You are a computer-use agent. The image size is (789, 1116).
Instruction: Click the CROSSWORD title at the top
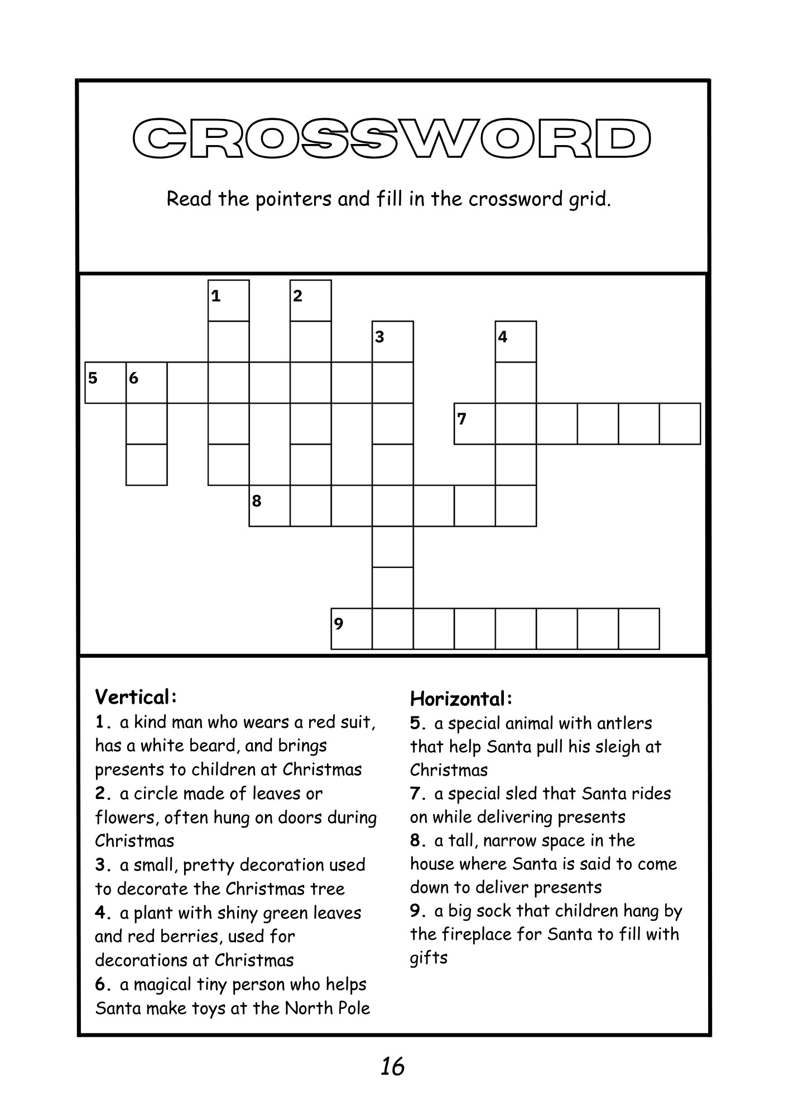pos(392,139)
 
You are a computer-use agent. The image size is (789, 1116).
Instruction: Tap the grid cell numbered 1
pos(228,301)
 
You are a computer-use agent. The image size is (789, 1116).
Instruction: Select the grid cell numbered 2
pos(310,301)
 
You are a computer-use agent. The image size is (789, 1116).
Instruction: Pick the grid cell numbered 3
pos(393,341)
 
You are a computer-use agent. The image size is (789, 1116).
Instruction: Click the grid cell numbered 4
pos(516,341)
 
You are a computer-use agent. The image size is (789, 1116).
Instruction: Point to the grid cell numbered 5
pos(105,383)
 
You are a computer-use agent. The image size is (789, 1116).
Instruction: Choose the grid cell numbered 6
pos(146,383)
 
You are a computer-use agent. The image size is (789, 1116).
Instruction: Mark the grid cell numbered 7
pos(474,424)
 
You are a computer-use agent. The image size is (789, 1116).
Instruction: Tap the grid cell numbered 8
pos(269,506)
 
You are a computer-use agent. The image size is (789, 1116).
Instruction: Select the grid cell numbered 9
pos(352,629)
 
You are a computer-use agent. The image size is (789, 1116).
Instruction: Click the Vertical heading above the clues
pos(136,697)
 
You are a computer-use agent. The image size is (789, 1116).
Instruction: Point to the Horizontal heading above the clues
pos(461,698)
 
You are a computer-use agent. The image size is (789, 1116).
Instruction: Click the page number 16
pos(393,1066)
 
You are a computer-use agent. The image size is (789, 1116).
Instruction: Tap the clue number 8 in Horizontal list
pos(416,840)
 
